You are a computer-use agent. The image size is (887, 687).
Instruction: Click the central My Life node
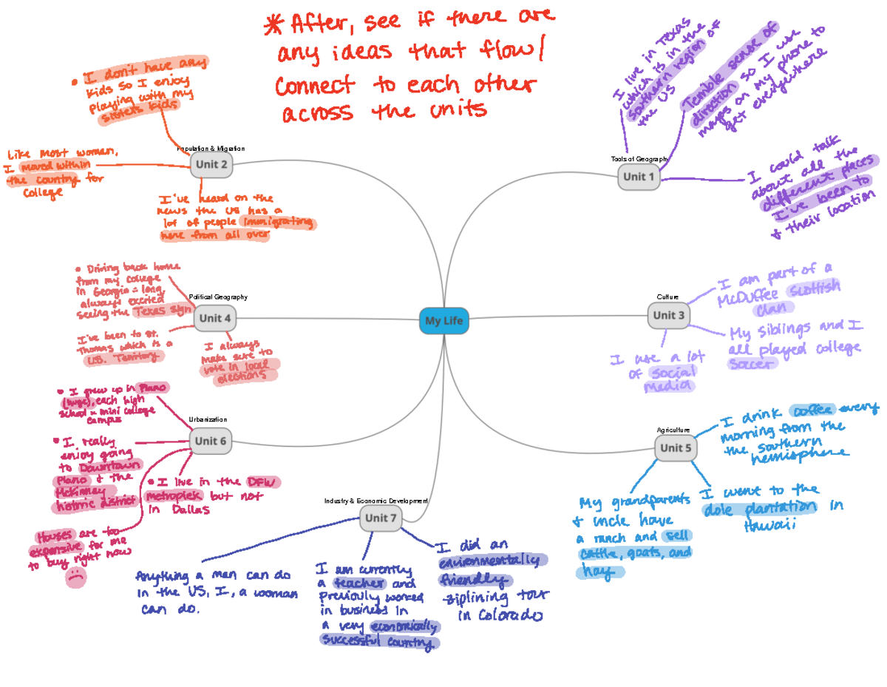coord(443,321)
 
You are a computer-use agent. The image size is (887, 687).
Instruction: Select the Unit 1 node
coord(639,177)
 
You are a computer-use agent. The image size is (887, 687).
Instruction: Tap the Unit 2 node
coord(211,165)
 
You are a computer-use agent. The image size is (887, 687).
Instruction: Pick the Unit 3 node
coord(669,316)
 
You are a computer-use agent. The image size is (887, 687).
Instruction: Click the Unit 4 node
coord(216,319)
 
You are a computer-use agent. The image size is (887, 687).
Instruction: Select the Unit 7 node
coord(381,518)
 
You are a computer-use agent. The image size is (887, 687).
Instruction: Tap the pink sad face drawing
coord(75,578)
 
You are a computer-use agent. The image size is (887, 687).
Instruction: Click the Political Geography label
coord(218,297)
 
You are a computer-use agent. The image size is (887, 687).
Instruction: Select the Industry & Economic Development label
coord(376,501)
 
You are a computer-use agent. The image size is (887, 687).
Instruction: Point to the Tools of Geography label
coord(639,159)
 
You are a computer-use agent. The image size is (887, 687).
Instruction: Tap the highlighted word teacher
coord(359,583)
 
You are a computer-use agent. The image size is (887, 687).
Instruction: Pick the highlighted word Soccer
coord(752,364)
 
